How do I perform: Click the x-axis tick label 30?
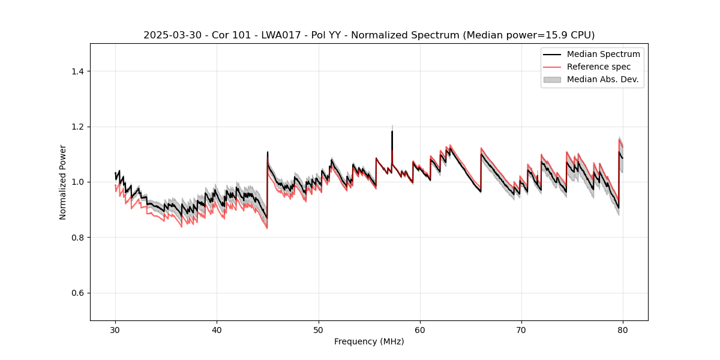coord(115,329)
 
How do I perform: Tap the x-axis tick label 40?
coord(217,329)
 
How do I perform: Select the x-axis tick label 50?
coord(319,329)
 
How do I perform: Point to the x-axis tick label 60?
coord(420,329)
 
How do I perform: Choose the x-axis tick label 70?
coord(521,329)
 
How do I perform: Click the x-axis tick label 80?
coord(623,329)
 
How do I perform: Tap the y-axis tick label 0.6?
coord(77,293)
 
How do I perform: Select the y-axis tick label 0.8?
coord(77,238)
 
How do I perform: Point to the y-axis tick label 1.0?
coord(77,182)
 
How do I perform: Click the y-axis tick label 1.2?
coord(77,127)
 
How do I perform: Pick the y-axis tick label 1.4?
coord(77,71)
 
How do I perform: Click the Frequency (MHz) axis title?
coord(369,341)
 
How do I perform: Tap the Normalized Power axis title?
coord(63,182)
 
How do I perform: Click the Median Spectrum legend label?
coord(603,54)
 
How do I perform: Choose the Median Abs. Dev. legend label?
coord(602,79)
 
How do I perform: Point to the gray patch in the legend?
coord(552,79)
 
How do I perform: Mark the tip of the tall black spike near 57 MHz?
coord(392,131)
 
